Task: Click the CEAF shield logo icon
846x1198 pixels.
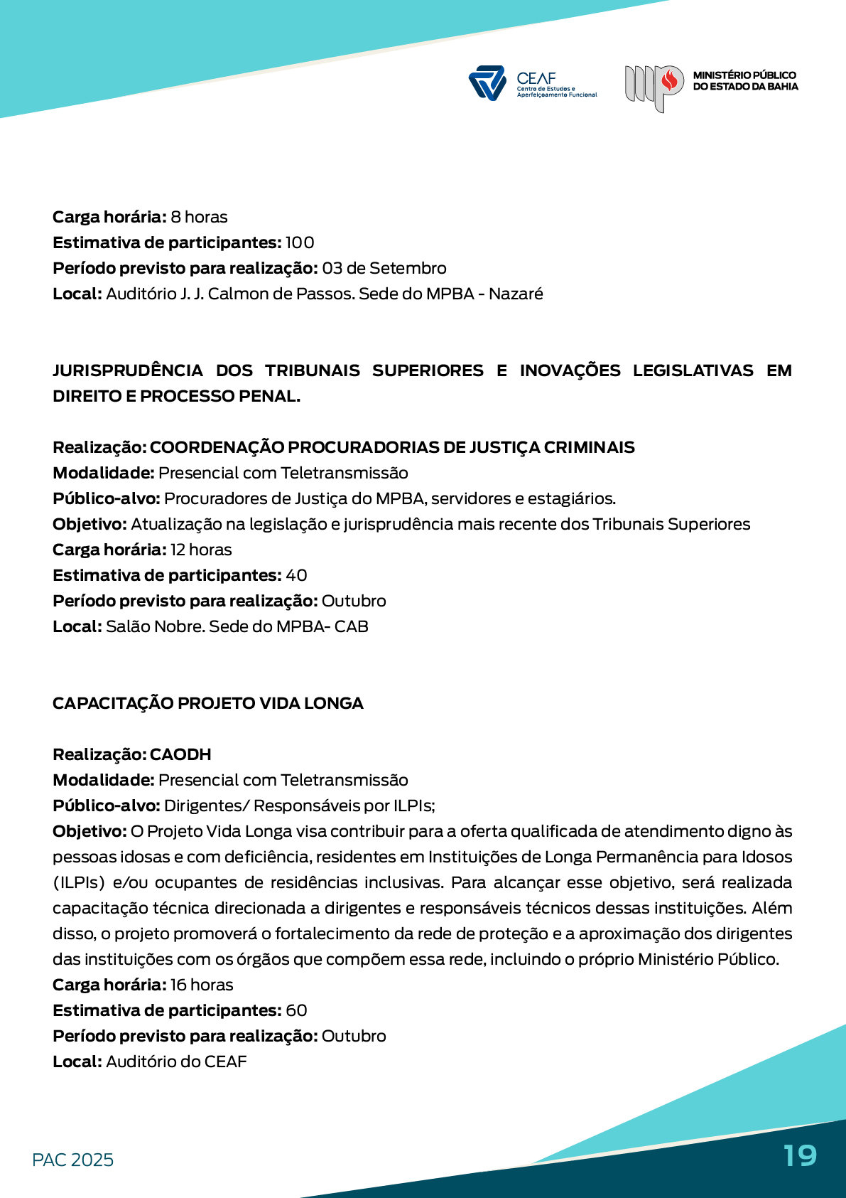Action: [487, 83]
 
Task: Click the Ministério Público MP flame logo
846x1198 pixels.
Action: [654, 87]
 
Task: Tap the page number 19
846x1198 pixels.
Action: [800, 1155]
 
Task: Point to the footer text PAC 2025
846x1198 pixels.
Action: [72, 1160]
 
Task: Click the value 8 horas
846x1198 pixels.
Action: [199, 217]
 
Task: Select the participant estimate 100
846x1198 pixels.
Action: [299, 242]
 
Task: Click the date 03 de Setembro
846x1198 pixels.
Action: [384, 268]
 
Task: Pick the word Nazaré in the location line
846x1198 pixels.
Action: [516, 294]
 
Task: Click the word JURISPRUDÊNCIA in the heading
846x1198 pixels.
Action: [128, 370]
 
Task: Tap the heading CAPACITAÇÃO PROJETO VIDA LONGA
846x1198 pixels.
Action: [207, 703]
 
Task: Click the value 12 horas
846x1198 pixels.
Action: [201, 550]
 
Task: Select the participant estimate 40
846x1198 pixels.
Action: [296, 575]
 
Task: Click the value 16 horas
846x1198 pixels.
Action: [202, 985]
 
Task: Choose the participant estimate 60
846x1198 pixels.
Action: [296, 1010]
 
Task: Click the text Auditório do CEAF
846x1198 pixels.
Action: [176, 1061]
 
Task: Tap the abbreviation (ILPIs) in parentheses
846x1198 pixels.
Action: [78, 882]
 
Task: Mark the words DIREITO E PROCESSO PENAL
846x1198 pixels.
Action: [176, 396]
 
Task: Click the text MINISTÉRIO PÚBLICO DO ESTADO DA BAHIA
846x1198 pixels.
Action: [745, 81]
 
